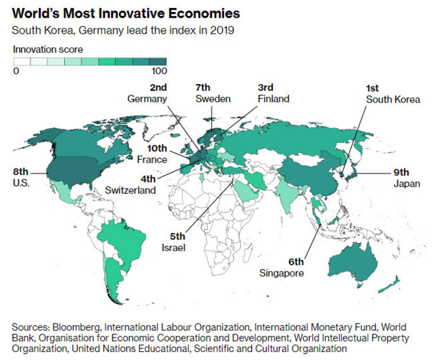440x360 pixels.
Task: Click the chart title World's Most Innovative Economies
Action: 126,13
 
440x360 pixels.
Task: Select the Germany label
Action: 147,99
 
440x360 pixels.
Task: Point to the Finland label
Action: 273,99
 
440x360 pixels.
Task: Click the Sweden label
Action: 213,99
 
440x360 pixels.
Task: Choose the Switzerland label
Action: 131,189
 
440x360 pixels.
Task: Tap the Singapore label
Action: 281,273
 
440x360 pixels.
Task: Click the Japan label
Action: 407,184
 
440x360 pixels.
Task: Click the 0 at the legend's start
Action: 15,72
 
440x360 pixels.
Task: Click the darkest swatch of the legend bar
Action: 158,62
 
